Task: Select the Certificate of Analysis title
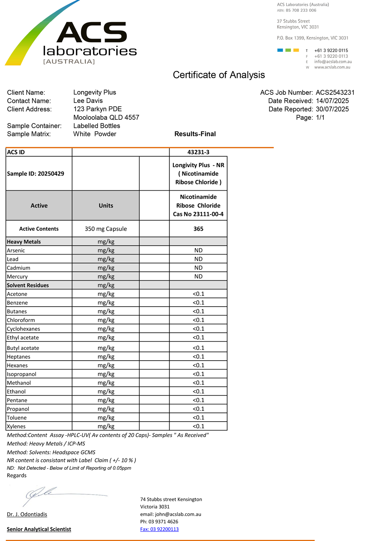pyautogui.click(x=219, y=75)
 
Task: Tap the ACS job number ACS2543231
pyautogui.click(x=335, y=93)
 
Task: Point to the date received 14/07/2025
pyautogui.click(x=332, y=101)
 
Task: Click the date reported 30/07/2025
pyautogui.click(x=332, y=109)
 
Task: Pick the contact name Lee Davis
pyautogui.click(x=88, y=101)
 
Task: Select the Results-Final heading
pyautogui.click(x=195, y=134)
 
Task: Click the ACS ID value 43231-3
pyautogui.click(x=198, y=152)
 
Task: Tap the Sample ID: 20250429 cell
pyautogui.click(x=36, y=174)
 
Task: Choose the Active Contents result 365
pyautogui.click(x=198, y=229)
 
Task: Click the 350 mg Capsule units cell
pyautogui.click(x=106, y=229)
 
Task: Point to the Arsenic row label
pyautogui.click(x=16, y=250)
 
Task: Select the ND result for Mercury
pyautogui.click(x=198, y=277)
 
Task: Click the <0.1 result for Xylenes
pyautogui.click(x=198, y=426)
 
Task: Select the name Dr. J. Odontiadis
pyautogui.click(x=27, y=514)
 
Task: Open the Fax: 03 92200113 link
pyautogui.click(x=159, y=529)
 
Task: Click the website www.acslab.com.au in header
pyautogui.click(x=332, y=67)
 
